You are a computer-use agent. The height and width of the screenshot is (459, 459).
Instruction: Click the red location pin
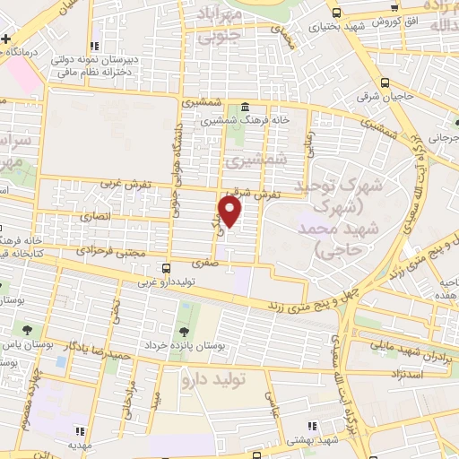pos(231,213)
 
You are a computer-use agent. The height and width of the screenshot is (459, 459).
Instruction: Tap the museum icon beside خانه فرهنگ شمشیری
pos(246,108)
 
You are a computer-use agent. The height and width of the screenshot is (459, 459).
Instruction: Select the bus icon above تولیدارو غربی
pos(166,268)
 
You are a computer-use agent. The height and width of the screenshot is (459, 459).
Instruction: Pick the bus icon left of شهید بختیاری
pos(336,13)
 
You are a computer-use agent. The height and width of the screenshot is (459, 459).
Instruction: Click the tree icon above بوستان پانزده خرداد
pos(186,329)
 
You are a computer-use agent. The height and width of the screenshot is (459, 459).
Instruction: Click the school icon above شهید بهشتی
pos(311,426)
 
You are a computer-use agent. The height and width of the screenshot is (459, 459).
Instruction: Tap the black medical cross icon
pos(6,40)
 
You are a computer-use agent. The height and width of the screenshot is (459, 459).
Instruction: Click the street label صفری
pos(204,264)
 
